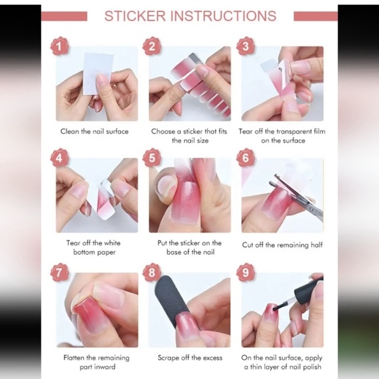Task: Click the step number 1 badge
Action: click(60, 46)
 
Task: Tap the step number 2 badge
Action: click(152, 46)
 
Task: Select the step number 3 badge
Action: click(245, 46)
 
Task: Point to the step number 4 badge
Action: click(60, 158)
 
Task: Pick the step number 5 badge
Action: click(152, 158)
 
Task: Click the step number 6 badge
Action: click(245, 158)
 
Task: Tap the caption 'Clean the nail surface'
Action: click(95, 131)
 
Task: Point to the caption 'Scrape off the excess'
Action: click(189, 358)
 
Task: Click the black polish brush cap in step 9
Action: click(308, 288)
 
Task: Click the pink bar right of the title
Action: click(315, 16)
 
